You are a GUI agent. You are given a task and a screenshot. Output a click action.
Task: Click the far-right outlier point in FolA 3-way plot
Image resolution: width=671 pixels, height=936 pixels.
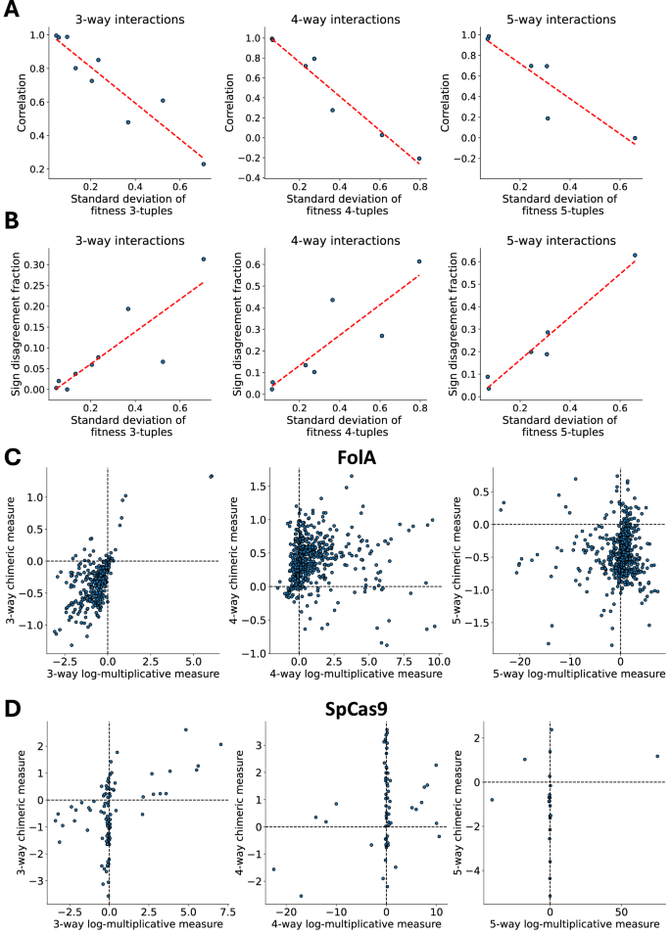[211, 476]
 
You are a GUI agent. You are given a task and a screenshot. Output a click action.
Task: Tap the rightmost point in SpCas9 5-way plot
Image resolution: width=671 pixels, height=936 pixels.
[657, 756]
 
